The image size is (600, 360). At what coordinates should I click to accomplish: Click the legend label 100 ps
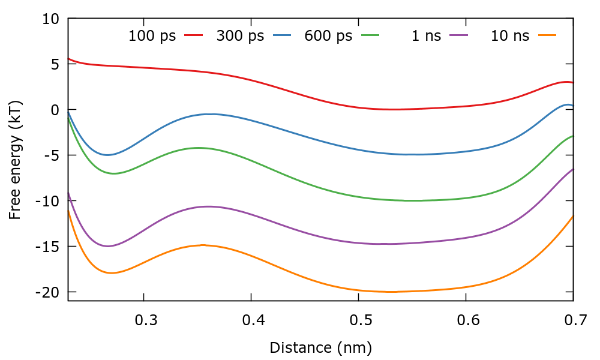pyautogui.click(x=152, y=36)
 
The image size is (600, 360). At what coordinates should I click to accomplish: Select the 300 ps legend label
pyautogui.click(x=240, y=36)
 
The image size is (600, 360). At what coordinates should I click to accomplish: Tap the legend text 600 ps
pyautogui.click(x=328, y=36)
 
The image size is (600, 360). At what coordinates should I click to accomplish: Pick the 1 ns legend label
pyautogui.click(x=426, y=36)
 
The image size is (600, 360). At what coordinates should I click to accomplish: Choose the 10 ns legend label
pyautogui.click(x=510, y=36)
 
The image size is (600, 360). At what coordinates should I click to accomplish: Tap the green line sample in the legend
pyautogui.click(x=370, y=35)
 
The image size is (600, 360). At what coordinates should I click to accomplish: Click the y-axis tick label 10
pyautogui.click(x=51, y=19)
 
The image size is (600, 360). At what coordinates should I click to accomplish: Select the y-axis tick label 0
pyautogui.click(x=55, y=110)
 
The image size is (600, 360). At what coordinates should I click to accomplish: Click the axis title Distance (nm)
pyautogui.click(x=320, y=347)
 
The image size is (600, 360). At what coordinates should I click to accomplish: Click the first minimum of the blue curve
pyautogui.click(x=107, y=155)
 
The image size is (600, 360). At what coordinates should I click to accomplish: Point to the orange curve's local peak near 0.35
pyautogui.click(x=203, y=245)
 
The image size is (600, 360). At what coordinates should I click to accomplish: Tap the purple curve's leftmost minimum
pyautogui.click(x=107, y=246)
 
